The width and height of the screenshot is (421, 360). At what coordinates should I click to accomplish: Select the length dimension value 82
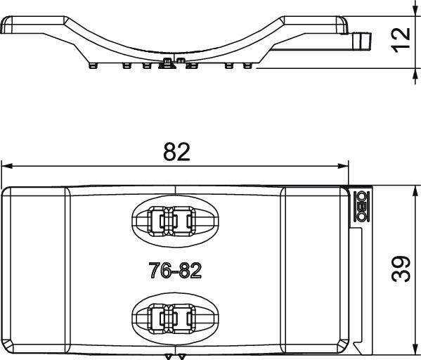click(x=176, y=152)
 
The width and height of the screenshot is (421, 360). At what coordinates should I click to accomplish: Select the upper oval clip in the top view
click(x=176, y=221)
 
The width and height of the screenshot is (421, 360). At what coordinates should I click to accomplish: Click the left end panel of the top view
click(x=35, y=271)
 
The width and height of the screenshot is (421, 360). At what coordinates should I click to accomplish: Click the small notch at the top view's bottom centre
click(x=176, y=356)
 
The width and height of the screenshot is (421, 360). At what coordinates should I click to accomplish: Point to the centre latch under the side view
click(x=169, y=65)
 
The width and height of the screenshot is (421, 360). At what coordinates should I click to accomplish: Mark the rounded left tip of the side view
click(x=6, y=27)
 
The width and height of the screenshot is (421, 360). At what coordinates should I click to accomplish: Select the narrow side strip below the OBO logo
click(x=357, y=288)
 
